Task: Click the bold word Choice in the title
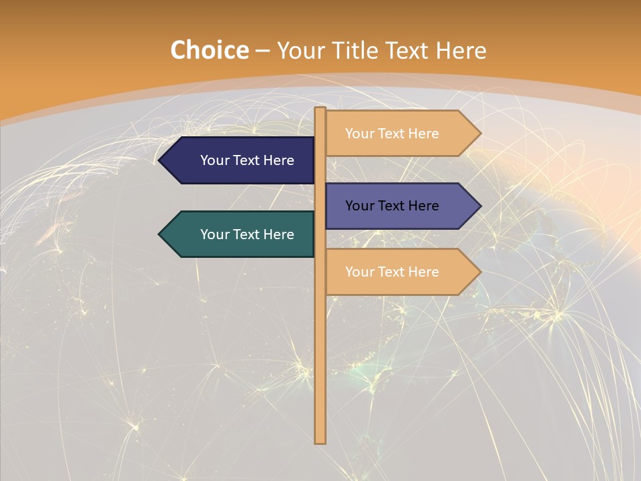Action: (x=209, y=51)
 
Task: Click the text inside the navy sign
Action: (x=247, y=160)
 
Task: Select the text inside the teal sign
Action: (x=247, y=234)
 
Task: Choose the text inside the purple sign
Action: (x=392, y=206)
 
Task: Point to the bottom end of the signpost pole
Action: (x=320, y=441)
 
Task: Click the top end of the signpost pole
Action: (x=320, y=110)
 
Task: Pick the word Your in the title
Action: (x=298, y=51)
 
